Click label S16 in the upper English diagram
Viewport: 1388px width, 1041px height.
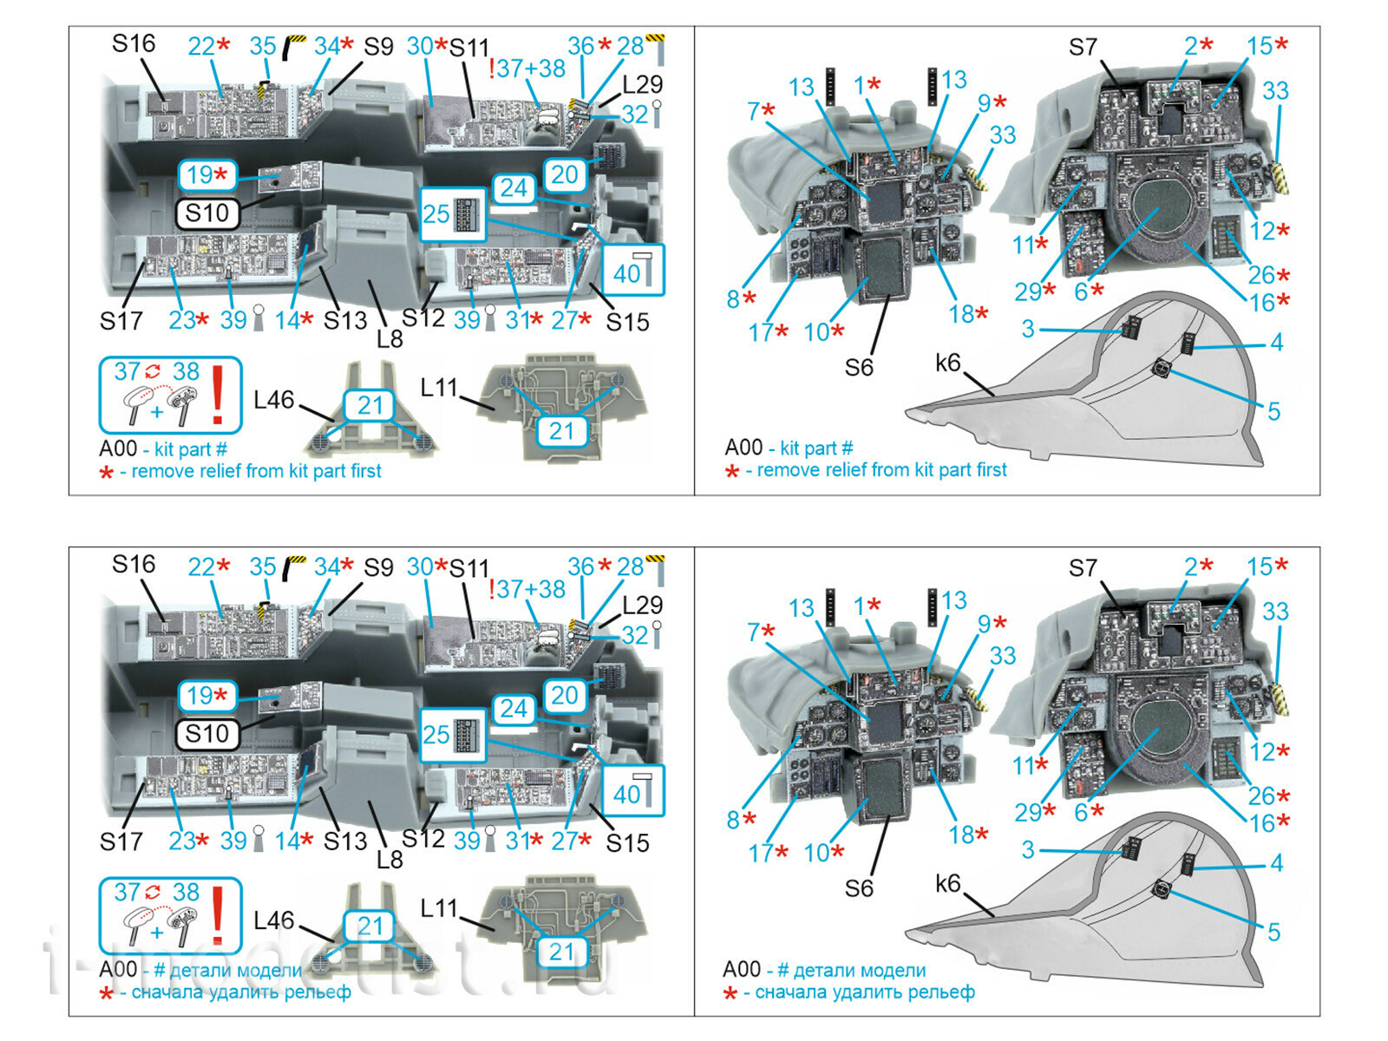point(134,43)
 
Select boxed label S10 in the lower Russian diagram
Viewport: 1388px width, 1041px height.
point(206,734)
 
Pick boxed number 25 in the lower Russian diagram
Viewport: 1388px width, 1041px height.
point(436,735)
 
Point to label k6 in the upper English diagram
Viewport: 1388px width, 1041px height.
point(948,363)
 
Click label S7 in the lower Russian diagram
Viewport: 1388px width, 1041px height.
point(1083,568)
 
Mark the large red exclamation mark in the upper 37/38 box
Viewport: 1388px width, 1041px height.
point(219,396)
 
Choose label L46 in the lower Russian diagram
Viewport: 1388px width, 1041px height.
point(273,920)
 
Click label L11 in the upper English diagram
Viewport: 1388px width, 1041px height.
point(439,388)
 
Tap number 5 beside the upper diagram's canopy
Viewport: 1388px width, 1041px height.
point(1273,411)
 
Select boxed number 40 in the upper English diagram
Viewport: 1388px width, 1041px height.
point(627,274)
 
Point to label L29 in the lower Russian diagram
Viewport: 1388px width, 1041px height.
point(643,605)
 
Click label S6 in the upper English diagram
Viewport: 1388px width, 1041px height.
point(859,368)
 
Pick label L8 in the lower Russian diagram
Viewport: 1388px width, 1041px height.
point(390,860)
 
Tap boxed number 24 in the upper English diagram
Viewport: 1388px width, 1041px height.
point(514,188)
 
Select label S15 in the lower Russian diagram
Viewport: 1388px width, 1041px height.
point(627,842)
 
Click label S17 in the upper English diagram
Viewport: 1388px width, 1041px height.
point(121,322)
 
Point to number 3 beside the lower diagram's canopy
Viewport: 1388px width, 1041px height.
point(1028,849)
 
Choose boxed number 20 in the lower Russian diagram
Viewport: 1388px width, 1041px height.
point(565,695)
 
